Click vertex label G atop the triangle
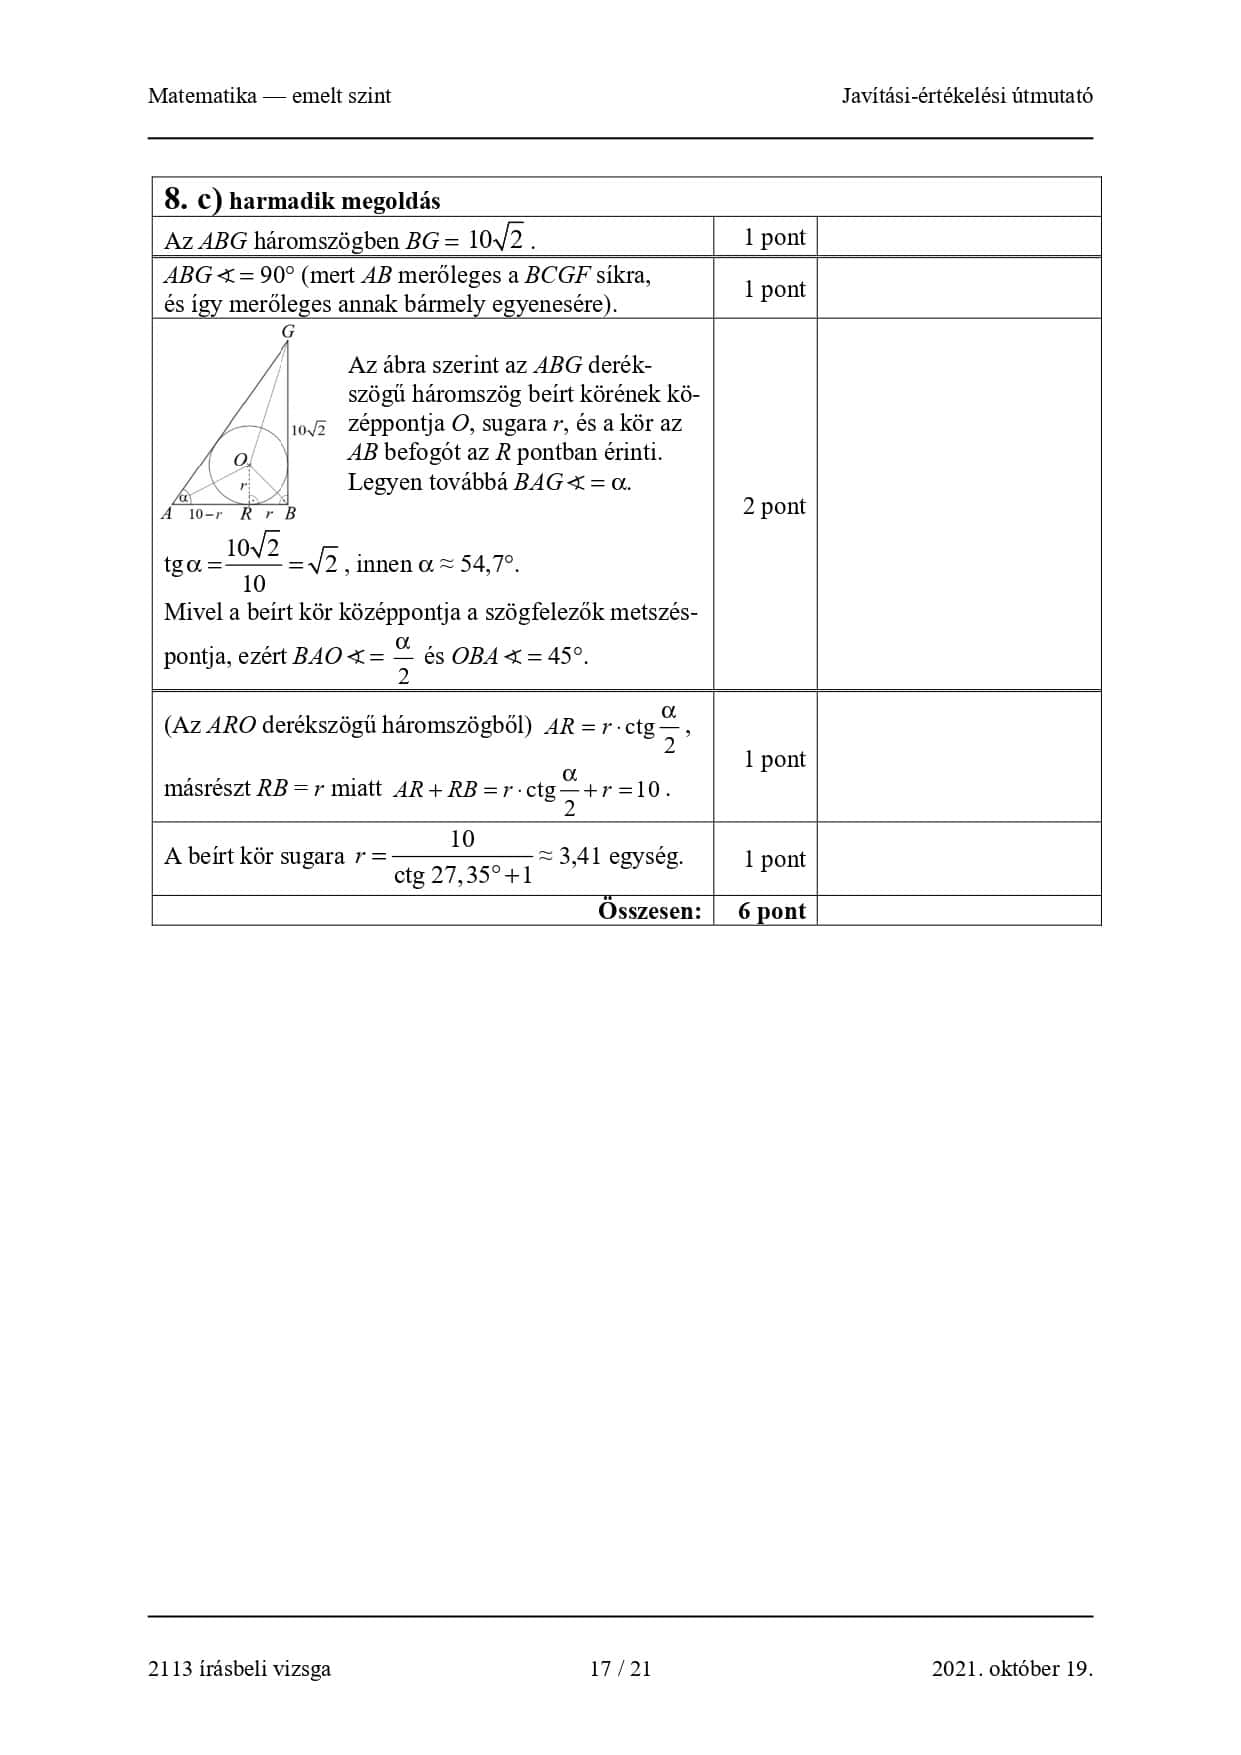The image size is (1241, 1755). (288, 331)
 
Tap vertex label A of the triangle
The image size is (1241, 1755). (167, 514)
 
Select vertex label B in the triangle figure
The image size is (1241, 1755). (290, 514)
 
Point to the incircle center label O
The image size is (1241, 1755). (240, 459)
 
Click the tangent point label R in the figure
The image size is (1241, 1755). (246, 514)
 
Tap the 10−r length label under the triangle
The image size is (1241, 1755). (205, 514)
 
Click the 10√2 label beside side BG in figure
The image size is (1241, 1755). (308, 430)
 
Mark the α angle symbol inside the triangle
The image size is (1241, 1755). (183, 497)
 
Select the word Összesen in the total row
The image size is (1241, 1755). (649, 911)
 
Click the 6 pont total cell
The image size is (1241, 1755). (771, 911)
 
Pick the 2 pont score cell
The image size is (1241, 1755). (773, 506)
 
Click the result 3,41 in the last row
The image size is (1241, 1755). (580, 856)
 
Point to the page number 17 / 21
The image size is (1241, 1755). (620, 1668)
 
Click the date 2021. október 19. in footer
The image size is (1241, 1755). (1011, 1668)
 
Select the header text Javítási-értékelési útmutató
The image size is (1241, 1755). (966, 96)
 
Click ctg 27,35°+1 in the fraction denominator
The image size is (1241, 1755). (463, 876)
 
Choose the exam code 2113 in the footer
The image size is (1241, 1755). (166, 1668)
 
